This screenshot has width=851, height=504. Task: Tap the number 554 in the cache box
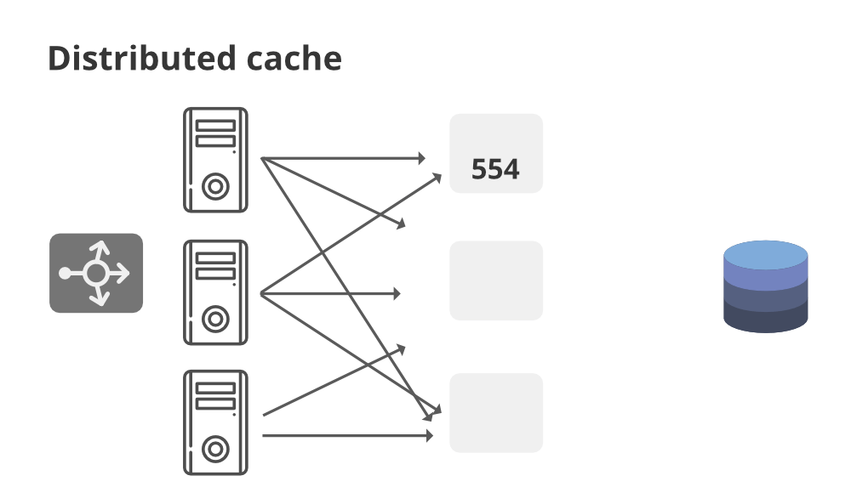495,170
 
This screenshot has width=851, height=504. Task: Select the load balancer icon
96,273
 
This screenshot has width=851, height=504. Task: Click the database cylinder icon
765,286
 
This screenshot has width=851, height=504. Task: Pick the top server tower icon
215,159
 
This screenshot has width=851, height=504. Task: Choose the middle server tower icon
215,292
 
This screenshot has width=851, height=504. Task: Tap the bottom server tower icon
215,422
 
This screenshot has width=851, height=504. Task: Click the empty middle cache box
496,280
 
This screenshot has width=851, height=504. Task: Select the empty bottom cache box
496,412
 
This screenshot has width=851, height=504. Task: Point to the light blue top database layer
765,254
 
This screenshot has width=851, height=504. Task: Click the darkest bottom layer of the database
765,321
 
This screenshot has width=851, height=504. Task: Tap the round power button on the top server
216,185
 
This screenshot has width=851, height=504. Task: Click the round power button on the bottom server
216,448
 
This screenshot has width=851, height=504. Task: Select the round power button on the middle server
216,319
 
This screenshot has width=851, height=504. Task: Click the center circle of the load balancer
95,273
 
